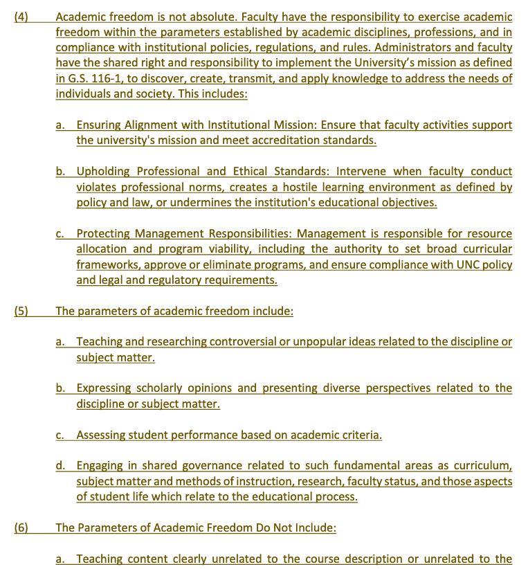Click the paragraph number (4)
coord(21,17)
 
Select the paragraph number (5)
coord(21,311)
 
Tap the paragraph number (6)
coord(21,527)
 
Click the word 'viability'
coord(255,249)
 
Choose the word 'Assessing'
coord(102,435)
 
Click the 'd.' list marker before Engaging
coord(61,466)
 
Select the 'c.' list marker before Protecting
coord(61,233)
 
